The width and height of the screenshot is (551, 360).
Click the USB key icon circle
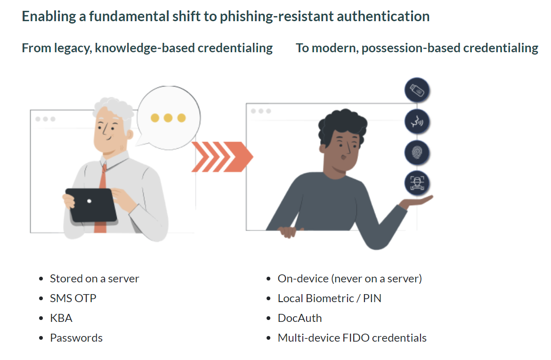point(417,91)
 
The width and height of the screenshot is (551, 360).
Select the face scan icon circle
point(417,183)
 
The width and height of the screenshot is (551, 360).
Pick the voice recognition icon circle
point(417,122)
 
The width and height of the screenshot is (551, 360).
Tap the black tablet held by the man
point(91,205)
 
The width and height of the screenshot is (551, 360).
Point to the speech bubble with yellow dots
point(168,118)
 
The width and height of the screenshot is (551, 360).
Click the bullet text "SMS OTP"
point(73,298)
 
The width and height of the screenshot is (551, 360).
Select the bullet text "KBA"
point(61,318)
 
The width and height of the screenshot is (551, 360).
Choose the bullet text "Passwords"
point(76,338)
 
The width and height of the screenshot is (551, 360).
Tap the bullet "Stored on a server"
point(94,279)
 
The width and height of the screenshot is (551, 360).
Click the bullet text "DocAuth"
point(300,318)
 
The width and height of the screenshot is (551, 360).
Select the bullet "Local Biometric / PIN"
point(329,298)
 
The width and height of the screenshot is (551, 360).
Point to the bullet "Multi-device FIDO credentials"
point(352,338)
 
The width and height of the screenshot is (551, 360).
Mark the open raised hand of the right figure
point(417,201)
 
